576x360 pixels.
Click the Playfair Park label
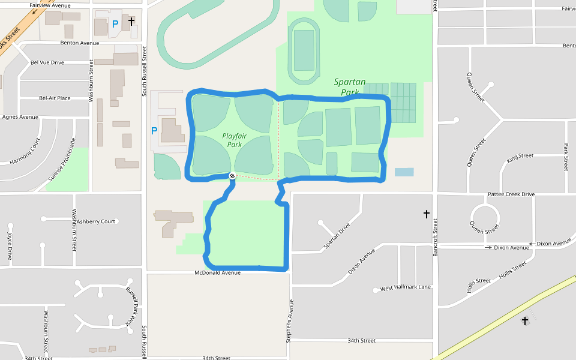(235, 140)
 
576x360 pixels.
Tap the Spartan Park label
(350, 87)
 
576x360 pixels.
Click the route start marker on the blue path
(232, 176)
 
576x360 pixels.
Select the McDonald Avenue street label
(217, 272)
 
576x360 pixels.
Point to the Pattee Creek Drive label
(511, 194)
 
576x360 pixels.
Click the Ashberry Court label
(96, 221)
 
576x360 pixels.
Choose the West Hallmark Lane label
(406, 287)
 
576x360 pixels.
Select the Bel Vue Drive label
(47, 62)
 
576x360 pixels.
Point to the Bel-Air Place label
(55, 98)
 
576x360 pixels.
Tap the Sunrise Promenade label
(62, 160)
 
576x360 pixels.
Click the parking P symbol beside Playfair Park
(154, 130)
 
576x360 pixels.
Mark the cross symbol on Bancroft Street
(427, 214)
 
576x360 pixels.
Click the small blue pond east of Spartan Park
(404, 172)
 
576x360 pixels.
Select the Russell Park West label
(130, 306)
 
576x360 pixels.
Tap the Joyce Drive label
(10, 245)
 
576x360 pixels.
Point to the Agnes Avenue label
(20, 117)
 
